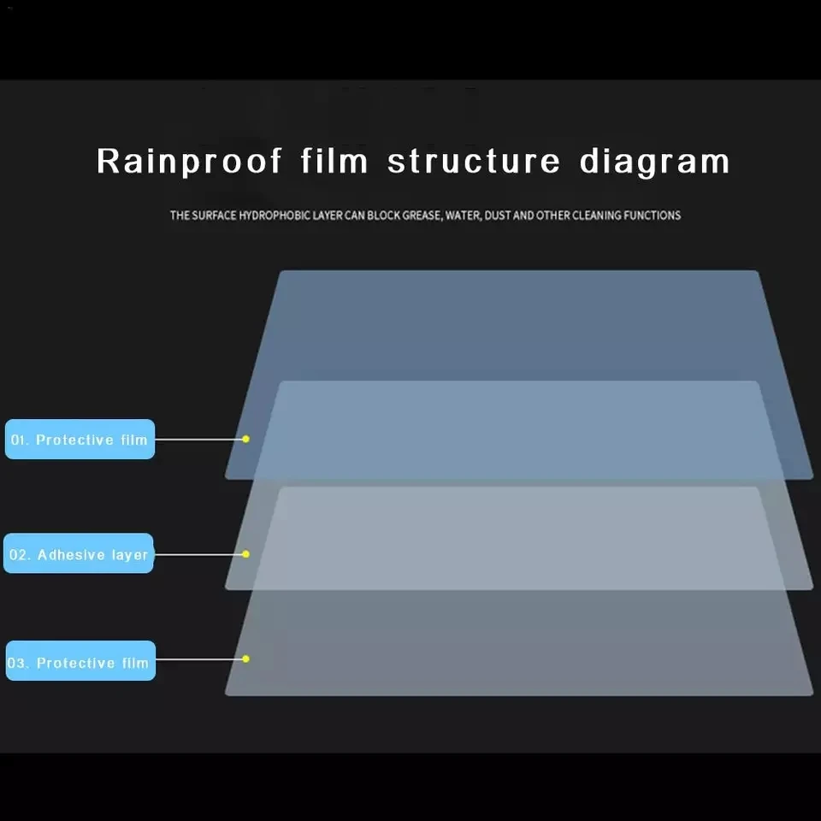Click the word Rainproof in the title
tap(189, 161)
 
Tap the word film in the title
tap(334, 161)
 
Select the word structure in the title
tap(475, 161)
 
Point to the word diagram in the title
tap(655, 161)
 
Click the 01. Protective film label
tap(80, 440)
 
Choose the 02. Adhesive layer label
tap(79, 554)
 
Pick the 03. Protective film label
tap(80, 662)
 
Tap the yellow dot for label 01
tap(245, 439)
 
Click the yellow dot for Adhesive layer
tap(245, 554)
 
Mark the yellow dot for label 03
tap(245, 659)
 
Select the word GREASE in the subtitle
tap(420, 216)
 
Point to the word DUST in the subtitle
tap(499, 216)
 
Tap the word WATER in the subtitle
tap(463, 216)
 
